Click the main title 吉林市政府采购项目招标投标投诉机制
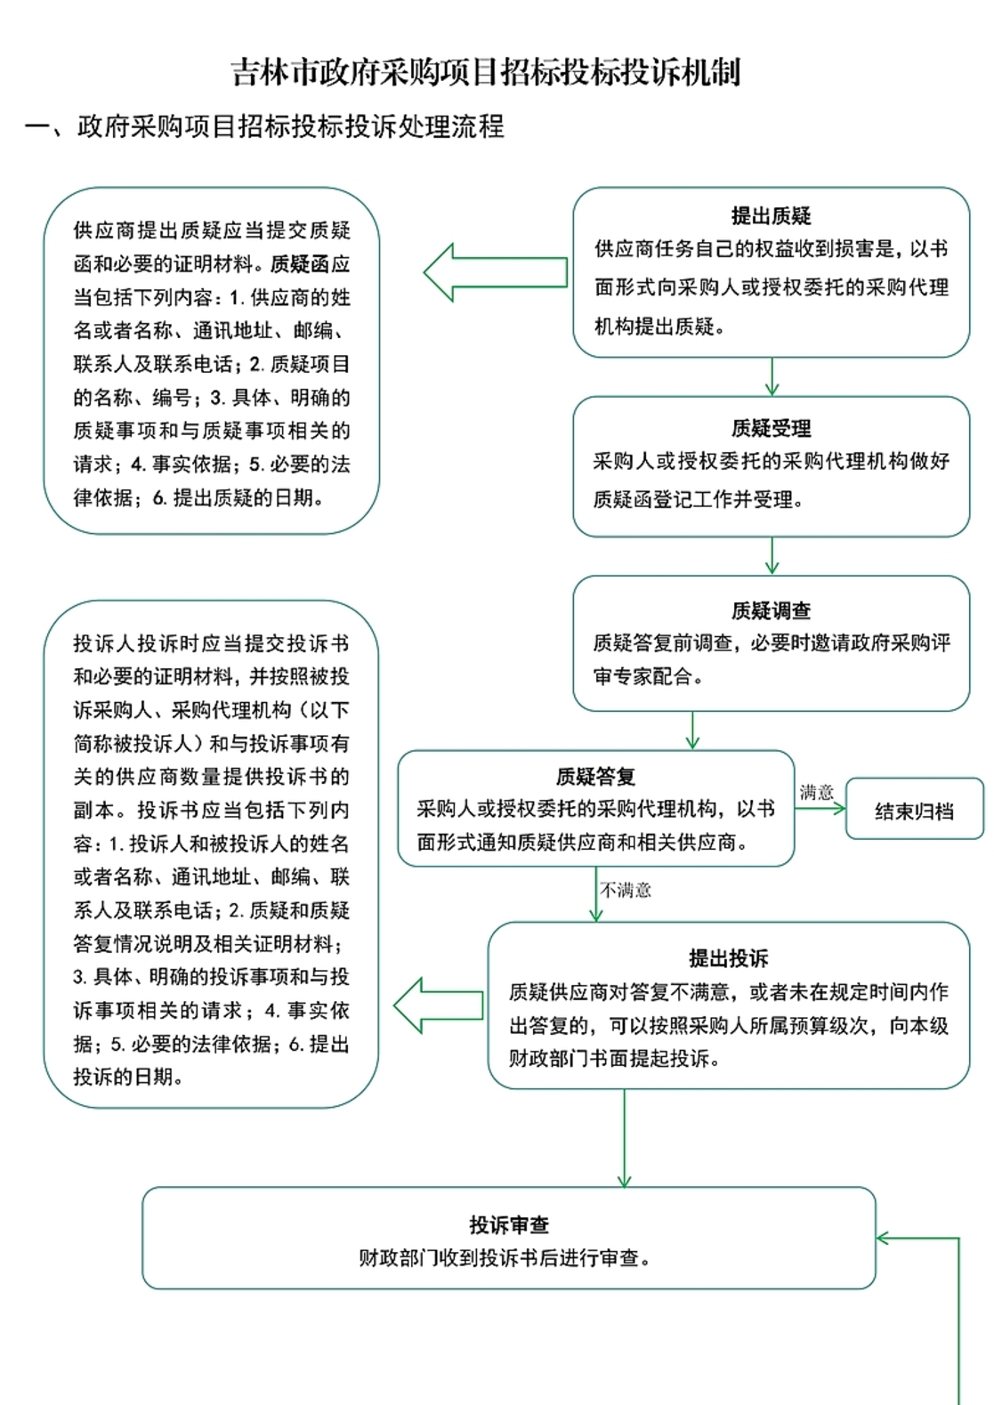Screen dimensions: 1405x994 click(x=486, y=73)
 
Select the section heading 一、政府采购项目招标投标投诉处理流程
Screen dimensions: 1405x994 click(x=265, y=126)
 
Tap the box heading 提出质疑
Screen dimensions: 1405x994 click(x=771, y=215)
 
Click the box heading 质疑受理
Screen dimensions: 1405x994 click(x=771, y=428)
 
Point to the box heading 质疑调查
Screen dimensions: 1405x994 click(x=771, y=610)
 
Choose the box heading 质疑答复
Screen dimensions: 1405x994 click(x=595, y=777)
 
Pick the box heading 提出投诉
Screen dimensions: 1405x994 click(x=728, y=958)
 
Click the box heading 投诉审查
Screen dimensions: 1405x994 click(x=509, y=1225)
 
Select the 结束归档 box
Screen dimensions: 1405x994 click(x=914, y=810)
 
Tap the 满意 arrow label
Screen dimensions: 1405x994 click(x=816, y=792)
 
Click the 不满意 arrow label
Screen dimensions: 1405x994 click(x=626, y=890)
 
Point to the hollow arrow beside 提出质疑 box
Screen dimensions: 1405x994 click(x=495, y=272)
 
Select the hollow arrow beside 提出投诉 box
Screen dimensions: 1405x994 click(x=438, y=1005)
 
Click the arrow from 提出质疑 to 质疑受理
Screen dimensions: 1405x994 click(x=772, y=377)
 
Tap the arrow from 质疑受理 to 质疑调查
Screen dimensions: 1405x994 click(x=772, y=556)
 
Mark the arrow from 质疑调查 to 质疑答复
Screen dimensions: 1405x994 click(x=692, y=731)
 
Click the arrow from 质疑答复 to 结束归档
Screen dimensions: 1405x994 click(x=820, y=809)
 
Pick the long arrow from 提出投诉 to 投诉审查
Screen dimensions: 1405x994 click(x=624, y=1138)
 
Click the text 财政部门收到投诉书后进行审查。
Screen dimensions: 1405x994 click(x=505, y=1258)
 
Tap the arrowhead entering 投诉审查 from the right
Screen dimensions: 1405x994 click(x=884, y=1238)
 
